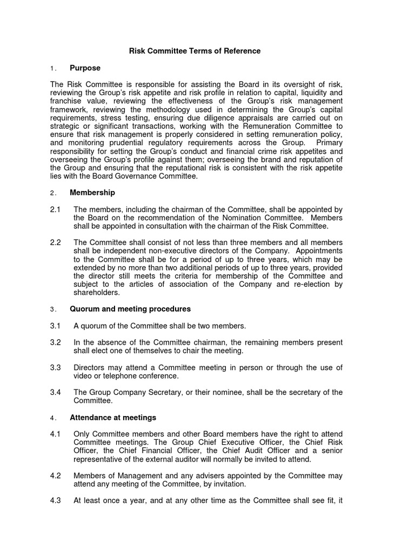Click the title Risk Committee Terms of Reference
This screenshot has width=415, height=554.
(195, 51)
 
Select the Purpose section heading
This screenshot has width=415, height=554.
(85, 68)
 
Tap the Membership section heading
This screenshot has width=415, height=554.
(92, 193)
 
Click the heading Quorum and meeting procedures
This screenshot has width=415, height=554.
(130, 309)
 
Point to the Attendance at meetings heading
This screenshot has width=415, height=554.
(113, 417)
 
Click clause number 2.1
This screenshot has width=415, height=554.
(56, 209)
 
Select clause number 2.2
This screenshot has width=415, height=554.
(56, 242)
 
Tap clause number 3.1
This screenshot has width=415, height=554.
(56, 326)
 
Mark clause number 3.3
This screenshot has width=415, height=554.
(56, 368)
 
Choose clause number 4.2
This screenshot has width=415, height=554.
(56, 476)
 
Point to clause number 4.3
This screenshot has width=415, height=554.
(56, 501)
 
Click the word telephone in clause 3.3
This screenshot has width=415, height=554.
(119, 376)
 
